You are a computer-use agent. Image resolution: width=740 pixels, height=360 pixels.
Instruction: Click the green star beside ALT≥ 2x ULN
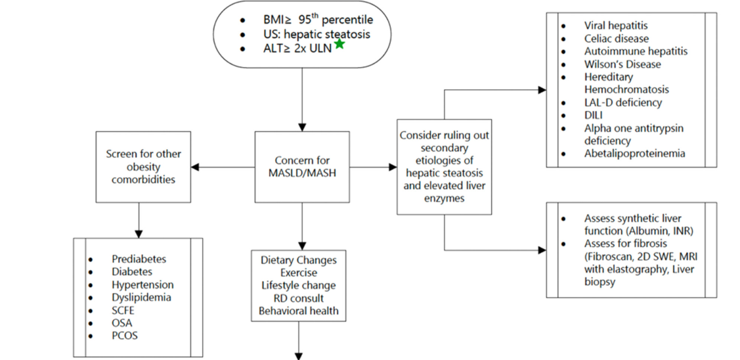[339, 44]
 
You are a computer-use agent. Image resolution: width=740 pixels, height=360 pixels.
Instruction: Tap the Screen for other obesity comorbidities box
[143, 167]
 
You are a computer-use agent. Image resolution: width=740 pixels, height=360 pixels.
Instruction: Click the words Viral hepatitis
[616, 26]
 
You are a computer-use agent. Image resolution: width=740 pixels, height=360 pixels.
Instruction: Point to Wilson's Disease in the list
[622, 64]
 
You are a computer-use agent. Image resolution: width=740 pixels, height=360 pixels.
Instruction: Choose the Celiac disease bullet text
[617, 39]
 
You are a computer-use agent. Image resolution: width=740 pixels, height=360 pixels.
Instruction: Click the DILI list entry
[594, 115]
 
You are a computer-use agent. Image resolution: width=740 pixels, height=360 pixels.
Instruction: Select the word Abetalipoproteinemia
[634, 153]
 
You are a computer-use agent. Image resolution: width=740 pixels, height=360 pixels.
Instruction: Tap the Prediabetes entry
[139, 259]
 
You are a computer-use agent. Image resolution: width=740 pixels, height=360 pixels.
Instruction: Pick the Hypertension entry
[142, 284]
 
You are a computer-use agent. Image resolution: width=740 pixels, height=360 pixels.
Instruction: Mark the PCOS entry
[125, 336]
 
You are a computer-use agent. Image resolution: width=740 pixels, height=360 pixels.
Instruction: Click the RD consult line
[298, 298]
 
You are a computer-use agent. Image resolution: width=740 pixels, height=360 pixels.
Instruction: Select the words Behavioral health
[298, 310]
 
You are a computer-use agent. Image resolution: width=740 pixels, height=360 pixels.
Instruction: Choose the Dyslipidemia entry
[141, 297]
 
